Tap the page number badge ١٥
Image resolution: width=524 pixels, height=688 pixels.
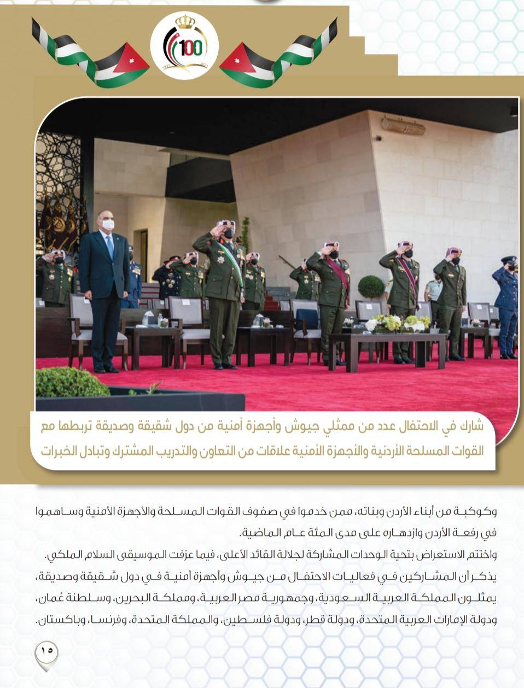tap(46, 651)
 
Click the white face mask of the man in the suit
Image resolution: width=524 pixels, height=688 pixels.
tap(108, 224)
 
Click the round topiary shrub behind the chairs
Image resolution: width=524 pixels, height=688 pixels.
tap(371, 287)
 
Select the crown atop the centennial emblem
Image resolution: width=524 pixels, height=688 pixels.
tap(185, 22)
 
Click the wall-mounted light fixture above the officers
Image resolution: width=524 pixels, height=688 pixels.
tap(404, 126)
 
